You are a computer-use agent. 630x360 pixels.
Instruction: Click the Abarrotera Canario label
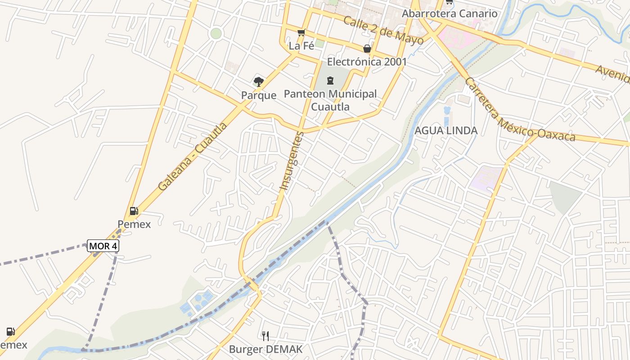[449, 13]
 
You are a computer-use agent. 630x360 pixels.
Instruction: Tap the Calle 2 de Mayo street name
[383, 30]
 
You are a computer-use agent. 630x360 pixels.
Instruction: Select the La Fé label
[301, 45]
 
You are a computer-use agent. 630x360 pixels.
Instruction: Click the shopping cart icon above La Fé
[301, 32]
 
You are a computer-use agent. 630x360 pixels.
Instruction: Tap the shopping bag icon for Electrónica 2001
[367, 49]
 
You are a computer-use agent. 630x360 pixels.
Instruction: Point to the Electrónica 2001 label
[367, 62]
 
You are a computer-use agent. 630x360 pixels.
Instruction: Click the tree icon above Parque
[258, 81]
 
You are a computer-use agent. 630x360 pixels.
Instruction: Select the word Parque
[258, 95]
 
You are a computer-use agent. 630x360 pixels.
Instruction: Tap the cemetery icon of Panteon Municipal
[330, 81]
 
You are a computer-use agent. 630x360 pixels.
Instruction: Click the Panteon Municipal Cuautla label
[330, 100]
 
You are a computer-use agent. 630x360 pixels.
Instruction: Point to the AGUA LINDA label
[445, 130]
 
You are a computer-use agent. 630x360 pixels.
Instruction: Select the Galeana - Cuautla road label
[193, 156]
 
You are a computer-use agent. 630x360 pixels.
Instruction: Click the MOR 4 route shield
[103, 246]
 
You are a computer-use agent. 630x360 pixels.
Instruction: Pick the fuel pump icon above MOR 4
[134, 211]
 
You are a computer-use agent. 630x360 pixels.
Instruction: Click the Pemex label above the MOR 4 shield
[134, 224]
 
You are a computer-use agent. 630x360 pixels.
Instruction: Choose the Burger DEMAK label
[265, 349]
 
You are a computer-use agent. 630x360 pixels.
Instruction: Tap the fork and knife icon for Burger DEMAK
[265, 336]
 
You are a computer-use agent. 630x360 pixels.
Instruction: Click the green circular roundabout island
[216, 33]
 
